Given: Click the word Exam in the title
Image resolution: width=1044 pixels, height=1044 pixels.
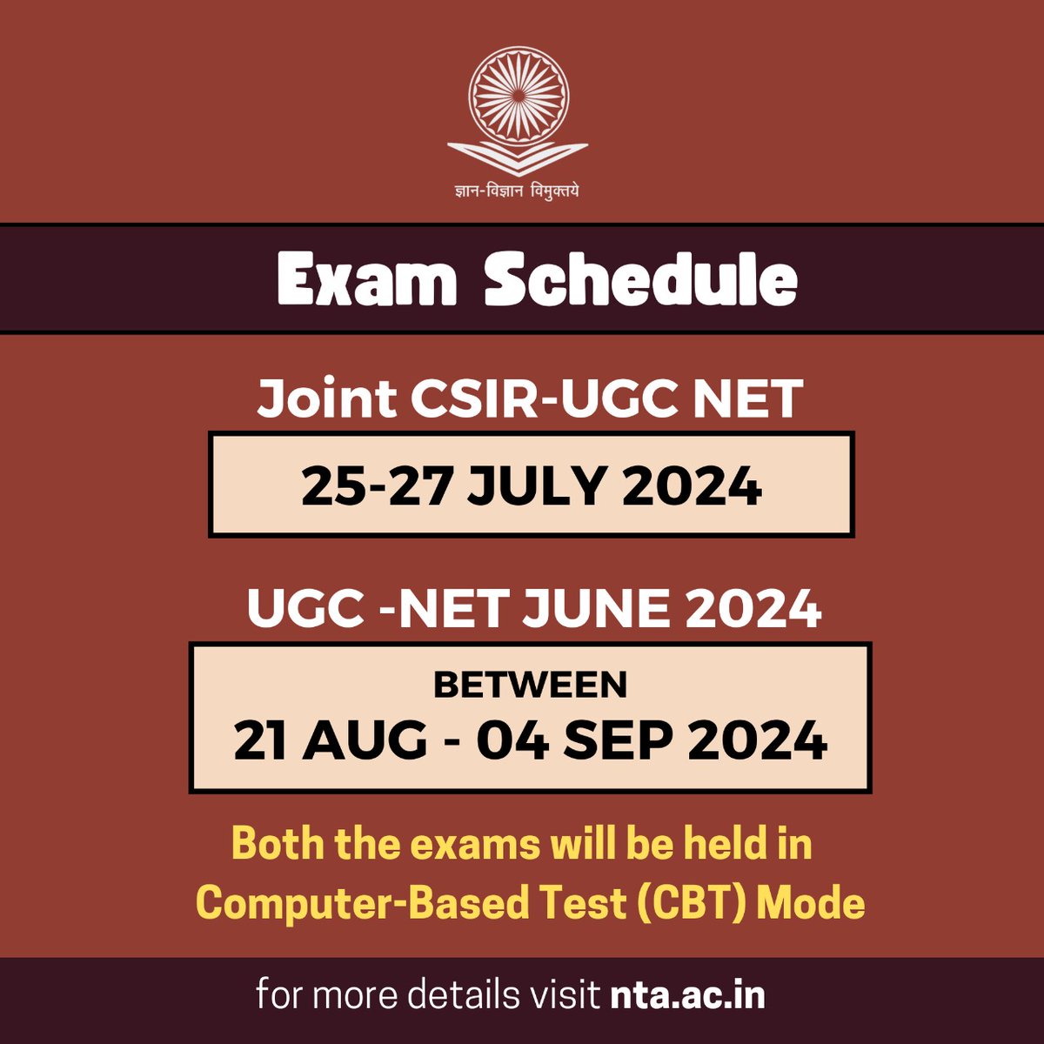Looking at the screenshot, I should pos(367,279).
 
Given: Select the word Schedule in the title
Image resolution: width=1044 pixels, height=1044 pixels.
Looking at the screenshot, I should pos(640,279).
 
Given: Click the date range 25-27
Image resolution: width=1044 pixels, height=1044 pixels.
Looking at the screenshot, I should pos(377,485).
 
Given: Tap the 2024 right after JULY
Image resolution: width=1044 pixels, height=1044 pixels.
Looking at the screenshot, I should pos(693,485).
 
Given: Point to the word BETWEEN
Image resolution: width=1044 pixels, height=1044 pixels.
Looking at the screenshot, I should pos(530,685).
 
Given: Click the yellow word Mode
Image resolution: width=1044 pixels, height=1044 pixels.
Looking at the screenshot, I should pos(812,903).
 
